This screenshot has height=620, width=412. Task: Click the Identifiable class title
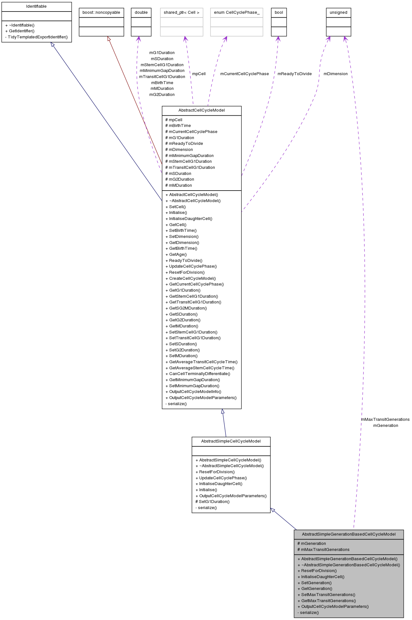click(36, 6)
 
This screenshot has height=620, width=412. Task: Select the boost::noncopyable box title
click(101, 12)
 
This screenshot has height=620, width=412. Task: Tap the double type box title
click(141, 12)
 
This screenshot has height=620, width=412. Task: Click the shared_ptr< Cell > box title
click(181, 12)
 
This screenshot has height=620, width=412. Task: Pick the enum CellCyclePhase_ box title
click(236, 12)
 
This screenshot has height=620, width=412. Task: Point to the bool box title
click(279, 12)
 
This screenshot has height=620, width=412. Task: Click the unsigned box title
click(338, 12)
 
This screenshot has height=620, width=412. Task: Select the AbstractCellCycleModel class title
click(202, 110)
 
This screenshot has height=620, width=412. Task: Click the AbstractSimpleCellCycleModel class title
click(231, 441)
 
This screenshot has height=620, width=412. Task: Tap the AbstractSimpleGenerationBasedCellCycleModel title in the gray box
click(349, 534)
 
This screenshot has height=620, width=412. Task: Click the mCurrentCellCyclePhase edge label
click(244, 74)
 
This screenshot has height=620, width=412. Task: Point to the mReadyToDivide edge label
click(294, 74)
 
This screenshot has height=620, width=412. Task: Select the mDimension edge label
click(335, 74)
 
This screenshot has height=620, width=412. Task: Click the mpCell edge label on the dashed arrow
click(199, 74)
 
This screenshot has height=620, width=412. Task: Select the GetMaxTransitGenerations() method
click(328, 601)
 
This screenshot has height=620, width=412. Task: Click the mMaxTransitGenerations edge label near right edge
click(385, 420)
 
